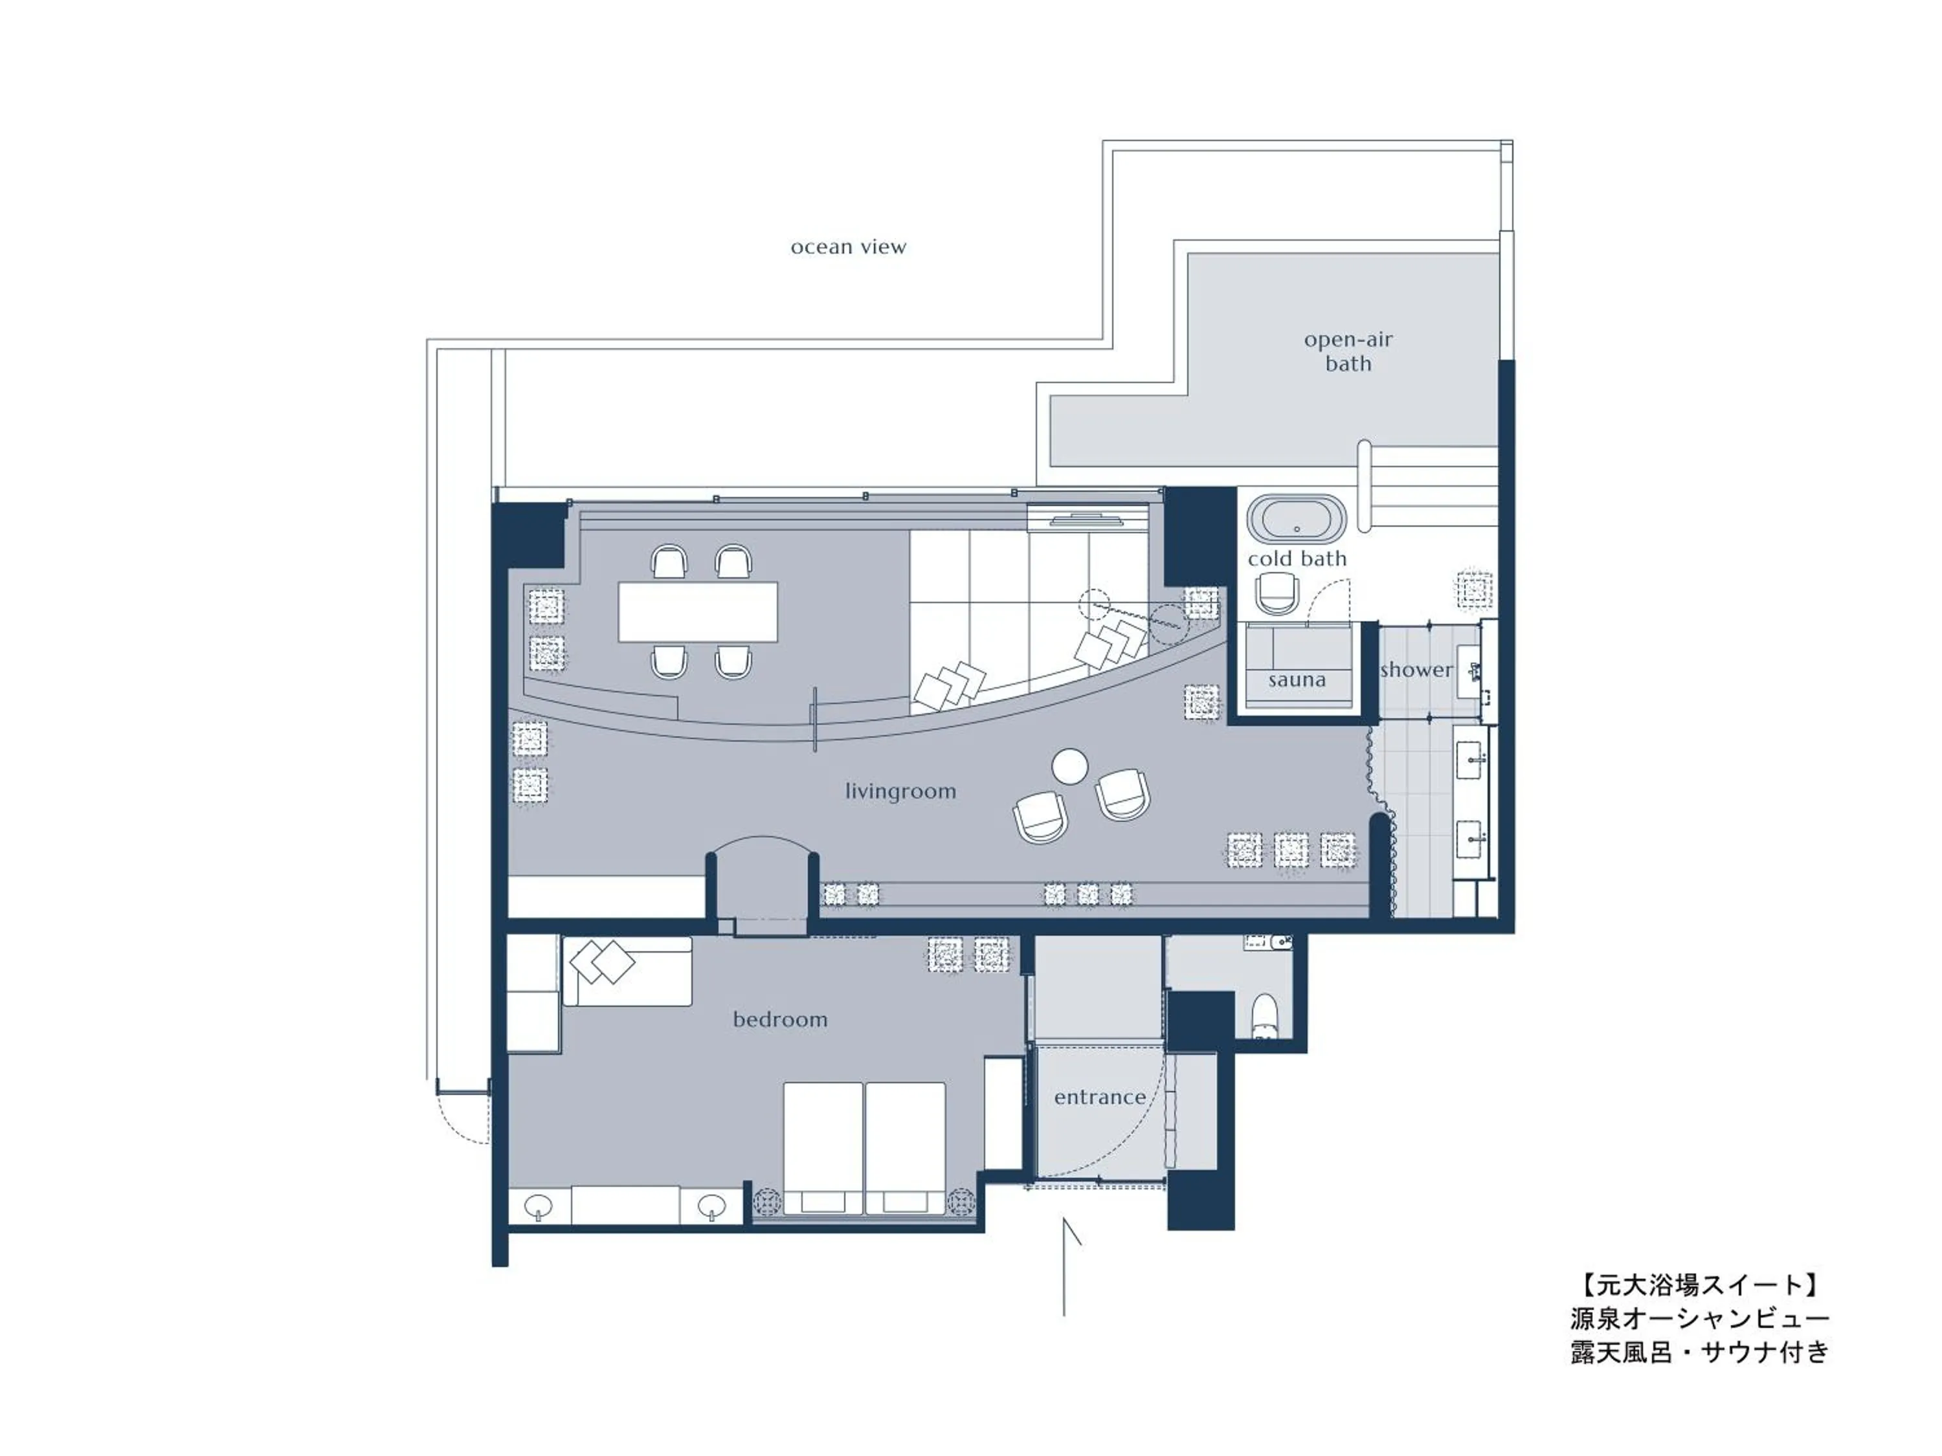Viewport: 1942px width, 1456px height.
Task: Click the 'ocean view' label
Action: point(847,247)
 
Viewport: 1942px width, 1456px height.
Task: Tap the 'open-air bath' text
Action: point(1348,351)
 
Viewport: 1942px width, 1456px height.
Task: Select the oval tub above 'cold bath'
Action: point(1297,520)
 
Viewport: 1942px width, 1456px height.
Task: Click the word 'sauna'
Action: point(1297,680)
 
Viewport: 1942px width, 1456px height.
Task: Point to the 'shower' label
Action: point(1415,670)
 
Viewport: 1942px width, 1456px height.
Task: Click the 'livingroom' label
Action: point(900,791)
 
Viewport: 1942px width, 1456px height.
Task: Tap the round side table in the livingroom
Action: point(1069,766)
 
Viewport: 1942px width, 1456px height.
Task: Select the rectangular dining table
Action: point(698,612)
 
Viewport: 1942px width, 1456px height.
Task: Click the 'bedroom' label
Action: point(779,1020)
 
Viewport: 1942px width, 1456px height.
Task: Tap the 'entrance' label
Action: point(1099,1097)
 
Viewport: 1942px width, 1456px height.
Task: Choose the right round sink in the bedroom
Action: point(711,1208)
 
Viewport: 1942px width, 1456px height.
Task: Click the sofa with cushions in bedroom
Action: point(627,971)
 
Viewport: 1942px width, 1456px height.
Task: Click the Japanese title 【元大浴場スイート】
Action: point(1699,1286)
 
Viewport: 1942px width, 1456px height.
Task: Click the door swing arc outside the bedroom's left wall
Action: point(463,1119)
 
